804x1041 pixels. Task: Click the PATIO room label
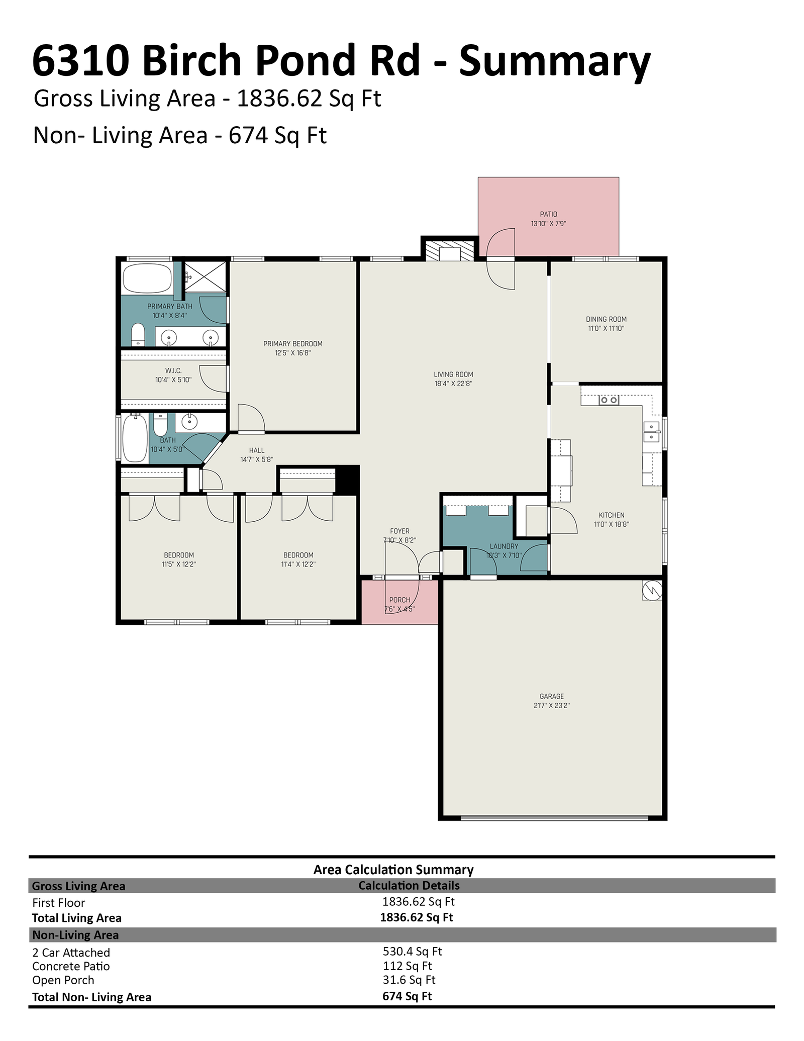click(x=548, y=214)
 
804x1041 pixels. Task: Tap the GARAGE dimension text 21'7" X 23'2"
click(x=551, y=705)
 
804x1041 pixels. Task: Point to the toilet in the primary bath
click(x=138, y=335)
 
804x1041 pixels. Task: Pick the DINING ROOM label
click(x=606, y=319)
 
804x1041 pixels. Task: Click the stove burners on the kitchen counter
click(x=609, y=400)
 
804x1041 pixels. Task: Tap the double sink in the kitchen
click(x=651, y=432)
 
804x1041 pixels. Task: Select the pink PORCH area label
click(x=399, y=600)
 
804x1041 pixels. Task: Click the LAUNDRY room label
click(x=504, y=546)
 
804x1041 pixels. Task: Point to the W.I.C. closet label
click(x=173, y=370)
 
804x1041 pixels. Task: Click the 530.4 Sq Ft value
click(x=412, y=951)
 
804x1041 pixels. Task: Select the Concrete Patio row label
click(x=71, y=966)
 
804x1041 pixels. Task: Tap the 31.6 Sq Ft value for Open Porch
click(x=409, y=980)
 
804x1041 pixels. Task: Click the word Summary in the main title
click(x=554, y=62)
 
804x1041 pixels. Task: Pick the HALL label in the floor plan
click(x=256, y=450)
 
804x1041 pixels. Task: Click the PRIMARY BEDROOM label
click(x=292, y=344)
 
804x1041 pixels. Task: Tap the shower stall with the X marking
click(x=204, y=276)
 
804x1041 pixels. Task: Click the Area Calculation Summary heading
click(x=393, y=870)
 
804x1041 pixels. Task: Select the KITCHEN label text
click(x=612, y=515)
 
